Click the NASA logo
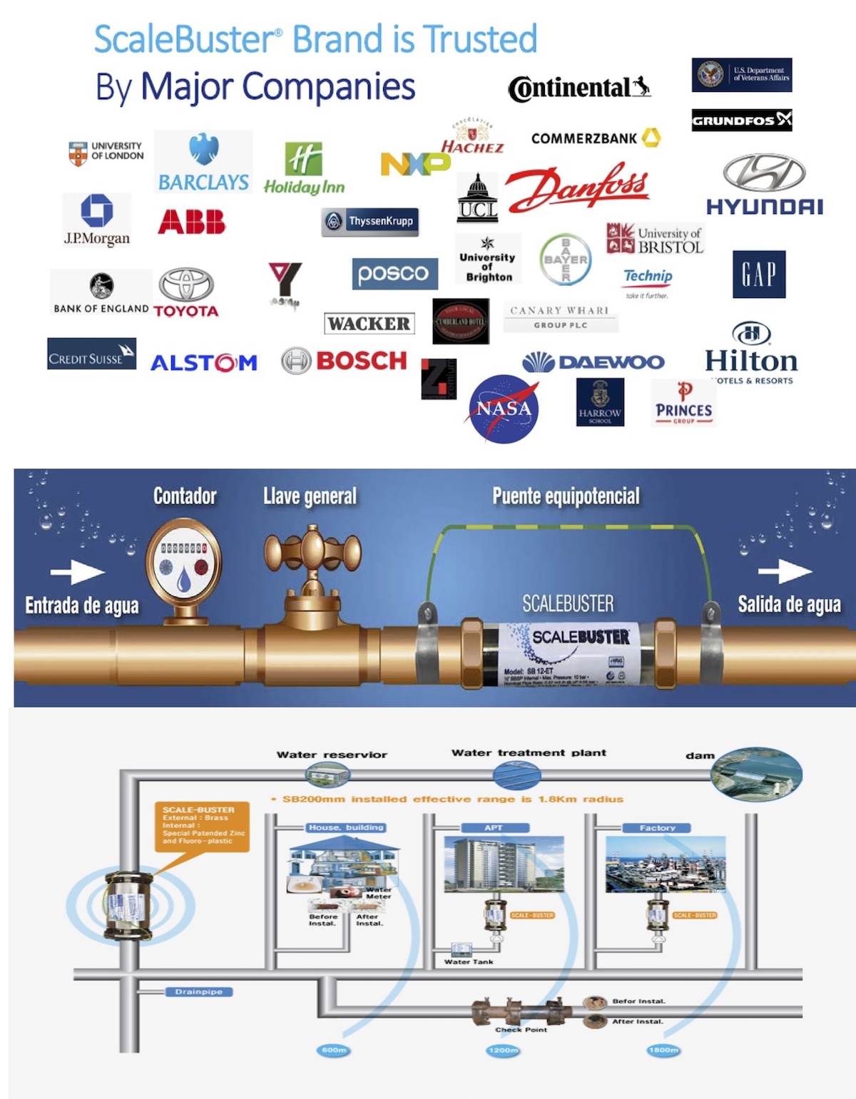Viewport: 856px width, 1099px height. [x=504, y=409]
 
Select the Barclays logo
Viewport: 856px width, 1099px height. [x=203, y=163]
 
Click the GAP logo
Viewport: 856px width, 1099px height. [x=759, y=274]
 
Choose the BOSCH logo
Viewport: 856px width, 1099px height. [x=345, y=361]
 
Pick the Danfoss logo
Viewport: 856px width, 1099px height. [x=578, y=187]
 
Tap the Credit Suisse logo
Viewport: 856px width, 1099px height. [x=91, y=354]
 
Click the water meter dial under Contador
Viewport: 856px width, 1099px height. [x=183, y=563]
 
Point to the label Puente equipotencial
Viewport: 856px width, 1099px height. [x=566, y=496]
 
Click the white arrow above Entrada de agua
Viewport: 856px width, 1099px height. [x=78, y=572]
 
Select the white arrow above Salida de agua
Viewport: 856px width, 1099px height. [x=785, y=571]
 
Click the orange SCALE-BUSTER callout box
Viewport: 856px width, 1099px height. [x=202, y=826]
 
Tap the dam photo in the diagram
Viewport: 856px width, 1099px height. [x=757, y=774]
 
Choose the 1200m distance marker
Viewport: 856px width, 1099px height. [x=503, y=1050]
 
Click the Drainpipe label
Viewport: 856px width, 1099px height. [x=199, y=992]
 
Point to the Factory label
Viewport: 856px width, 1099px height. [x=657, y=828]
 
